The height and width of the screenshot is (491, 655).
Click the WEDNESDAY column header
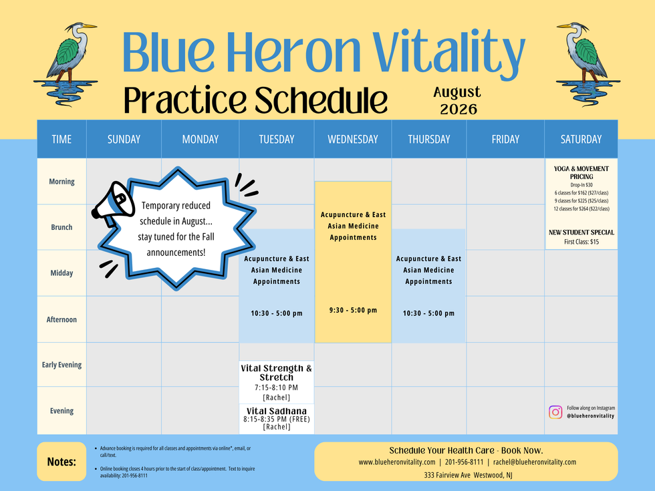(353, 139)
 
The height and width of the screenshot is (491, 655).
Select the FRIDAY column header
(505, 139)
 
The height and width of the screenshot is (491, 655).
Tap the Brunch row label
(61, 227)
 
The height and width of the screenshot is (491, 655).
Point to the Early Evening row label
(61, 365)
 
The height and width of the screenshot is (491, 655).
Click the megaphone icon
(113, 204)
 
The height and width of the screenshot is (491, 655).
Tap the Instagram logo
(555, 412)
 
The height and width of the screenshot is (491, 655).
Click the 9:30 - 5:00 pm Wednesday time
(353, 310)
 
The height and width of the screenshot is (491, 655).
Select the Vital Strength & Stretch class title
(277, 373)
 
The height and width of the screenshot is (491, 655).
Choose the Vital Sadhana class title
(277, 411)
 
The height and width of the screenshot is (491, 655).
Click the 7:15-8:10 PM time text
(277, 387)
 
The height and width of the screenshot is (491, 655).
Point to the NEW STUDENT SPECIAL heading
(581, 232)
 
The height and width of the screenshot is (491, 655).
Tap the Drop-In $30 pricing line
(581, 184)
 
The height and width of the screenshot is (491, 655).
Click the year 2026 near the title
(458, 110)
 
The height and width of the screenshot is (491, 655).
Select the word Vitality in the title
(448, 51)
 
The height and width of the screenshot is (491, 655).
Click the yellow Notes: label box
(61, 462)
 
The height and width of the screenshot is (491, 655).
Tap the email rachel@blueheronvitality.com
(535, 462)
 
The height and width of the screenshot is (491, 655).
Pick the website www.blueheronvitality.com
(397, 462)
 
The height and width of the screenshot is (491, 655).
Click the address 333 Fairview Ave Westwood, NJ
(468, 475)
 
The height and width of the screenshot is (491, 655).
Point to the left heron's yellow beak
(89, 26)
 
